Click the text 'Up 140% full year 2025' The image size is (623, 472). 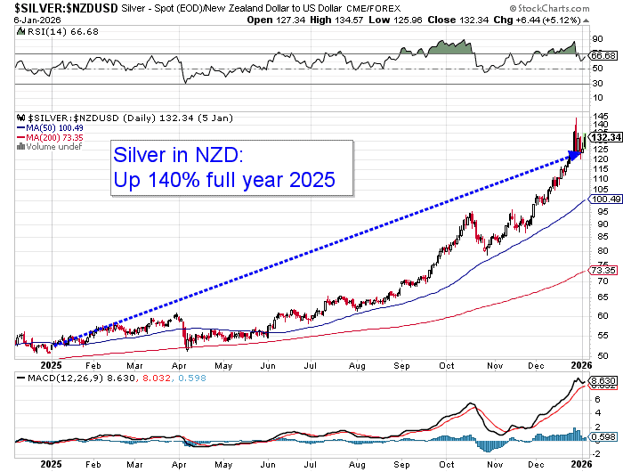tap(223, 181)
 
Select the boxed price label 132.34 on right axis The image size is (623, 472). tap(604, 137)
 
